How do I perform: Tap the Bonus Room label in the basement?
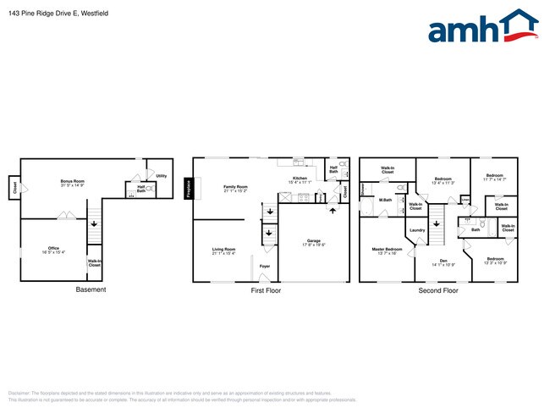click(73, 183)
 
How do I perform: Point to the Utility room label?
click(161, 176)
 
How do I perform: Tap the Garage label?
click(314, 243)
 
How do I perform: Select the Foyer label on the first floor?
click(265, 266)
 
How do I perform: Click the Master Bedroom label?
click(388, 251)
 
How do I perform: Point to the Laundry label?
click(417, 230)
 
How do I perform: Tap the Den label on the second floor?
click(443, 262)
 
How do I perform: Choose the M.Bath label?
click(385, 200)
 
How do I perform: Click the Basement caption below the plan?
click(91, 290)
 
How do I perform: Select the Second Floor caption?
click(438, 290)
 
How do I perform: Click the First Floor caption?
click(265, 290)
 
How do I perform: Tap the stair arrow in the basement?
click(93, 223)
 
